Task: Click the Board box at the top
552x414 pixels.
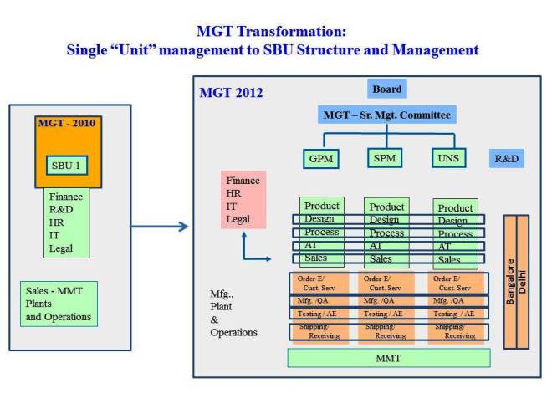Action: click(x=386, y=89)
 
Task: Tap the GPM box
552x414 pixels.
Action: click(x=320, y=158)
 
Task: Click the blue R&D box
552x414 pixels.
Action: click(x=507, y=158)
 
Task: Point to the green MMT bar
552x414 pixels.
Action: click(x=388, y=358)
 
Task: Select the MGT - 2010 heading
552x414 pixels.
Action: click(x=68, y=124)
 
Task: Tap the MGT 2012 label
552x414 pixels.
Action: click(x=231, y=93)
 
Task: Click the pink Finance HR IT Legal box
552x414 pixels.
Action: click(x=243, y=200)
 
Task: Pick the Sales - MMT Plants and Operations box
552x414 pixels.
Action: click(x=59, y=303)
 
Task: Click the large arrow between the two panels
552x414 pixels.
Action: click(x=159, y=226)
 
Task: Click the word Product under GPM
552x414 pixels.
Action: click(x=322, y=206)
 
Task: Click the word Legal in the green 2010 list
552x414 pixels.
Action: click(x=61, y=248)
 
